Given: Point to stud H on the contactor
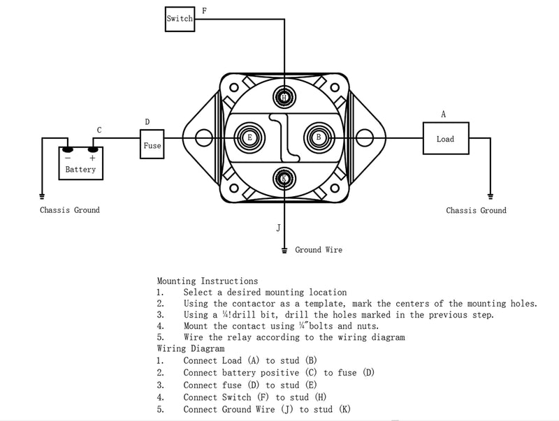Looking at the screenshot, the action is (284, 96).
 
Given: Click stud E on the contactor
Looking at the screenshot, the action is (249, 138).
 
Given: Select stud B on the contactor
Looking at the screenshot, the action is (319, 138).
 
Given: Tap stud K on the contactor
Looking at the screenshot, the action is (284, 178).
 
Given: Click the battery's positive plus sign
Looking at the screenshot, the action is (92, 158).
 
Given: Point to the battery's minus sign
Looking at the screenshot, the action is (68, 158).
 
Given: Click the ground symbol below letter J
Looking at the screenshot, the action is (284, 250).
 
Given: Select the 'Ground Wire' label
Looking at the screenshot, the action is (319, 250).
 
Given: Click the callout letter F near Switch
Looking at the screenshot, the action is (204, 10).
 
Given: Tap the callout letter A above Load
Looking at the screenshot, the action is (443, 114).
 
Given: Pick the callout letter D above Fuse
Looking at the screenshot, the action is (147, 121).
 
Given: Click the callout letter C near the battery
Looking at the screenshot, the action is (99, 130).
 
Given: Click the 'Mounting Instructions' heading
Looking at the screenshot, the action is (207, 281).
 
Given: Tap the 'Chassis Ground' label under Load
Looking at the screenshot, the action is (476, 210).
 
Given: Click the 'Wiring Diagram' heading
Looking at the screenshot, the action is (191, 348).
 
